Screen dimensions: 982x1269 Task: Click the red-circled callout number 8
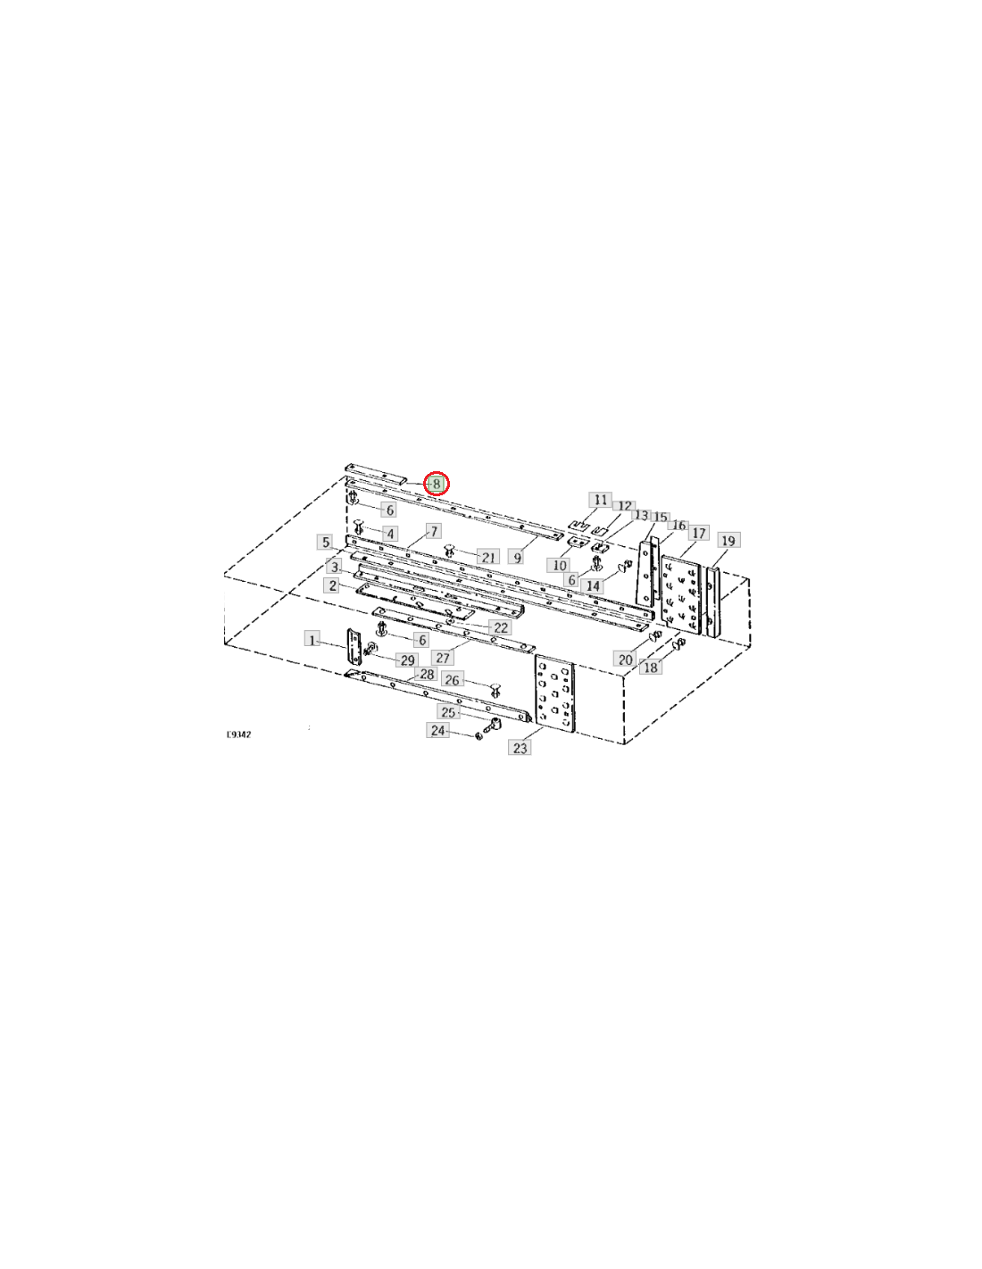coord(436,484)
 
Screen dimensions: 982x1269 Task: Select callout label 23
coord(520,747)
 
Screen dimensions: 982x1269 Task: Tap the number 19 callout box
coord(728,540)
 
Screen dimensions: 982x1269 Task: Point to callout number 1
coord(312,640)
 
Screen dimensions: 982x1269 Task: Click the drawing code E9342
coord(239,734)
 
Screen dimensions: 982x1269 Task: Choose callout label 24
coord(437,730)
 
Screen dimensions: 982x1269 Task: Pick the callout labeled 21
coord(487,556)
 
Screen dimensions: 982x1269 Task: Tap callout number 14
coord(593,585)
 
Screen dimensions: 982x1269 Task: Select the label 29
coord(407,659)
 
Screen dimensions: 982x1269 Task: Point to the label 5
coord(325,542)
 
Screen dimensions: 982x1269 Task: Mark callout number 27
coord(443,658)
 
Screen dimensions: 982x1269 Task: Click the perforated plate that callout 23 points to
coord(554,698)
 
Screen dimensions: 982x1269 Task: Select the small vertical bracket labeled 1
coord(354,646)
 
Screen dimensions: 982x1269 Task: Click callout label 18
coord(651,667)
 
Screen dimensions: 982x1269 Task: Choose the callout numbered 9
coord(516,557)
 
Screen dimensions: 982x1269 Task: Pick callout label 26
coord(452,679)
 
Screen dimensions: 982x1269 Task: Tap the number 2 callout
coord(332,585)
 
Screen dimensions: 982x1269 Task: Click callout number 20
coord(625,659)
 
